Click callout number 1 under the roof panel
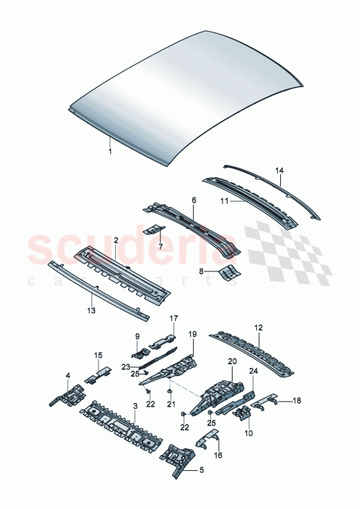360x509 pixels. point(109,152)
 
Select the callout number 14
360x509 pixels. point(280,171)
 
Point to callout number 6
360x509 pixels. point(193,201)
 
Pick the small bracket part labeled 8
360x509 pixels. point(230,271)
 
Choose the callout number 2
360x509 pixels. point(114,238)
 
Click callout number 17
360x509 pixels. point(173,318)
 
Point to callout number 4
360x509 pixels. point(68,376)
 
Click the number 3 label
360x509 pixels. point(134,406)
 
